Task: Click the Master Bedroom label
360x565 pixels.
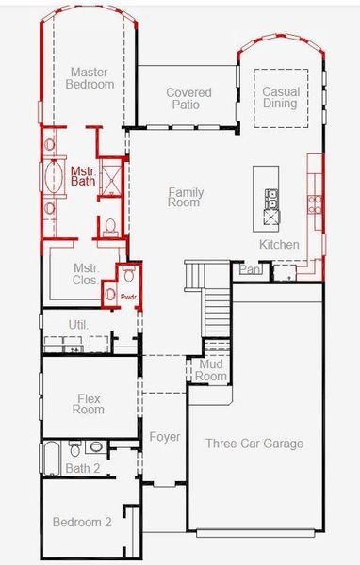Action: click(90, 78)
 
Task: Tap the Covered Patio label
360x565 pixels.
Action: click(188, 98)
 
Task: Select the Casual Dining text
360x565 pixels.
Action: click(281, 97)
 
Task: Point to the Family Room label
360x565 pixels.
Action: click(186, 197)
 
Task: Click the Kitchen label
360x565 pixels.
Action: click(279, 245)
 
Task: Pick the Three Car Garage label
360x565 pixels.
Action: click(254, 444)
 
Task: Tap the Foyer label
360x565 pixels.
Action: click(165, 437)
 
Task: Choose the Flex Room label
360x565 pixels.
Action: click(89, 404)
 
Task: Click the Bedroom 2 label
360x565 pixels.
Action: click(82, 522)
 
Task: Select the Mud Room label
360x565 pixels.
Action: click(211, 370)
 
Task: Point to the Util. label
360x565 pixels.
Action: click(78, 325)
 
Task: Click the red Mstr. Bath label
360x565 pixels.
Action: click(83, 176)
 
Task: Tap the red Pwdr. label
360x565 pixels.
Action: click(129, 297)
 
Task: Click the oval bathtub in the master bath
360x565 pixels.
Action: click(54, 177)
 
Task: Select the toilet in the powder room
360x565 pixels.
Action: click(128, 274)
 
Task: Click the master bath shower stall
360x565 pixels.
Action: click(111, 177)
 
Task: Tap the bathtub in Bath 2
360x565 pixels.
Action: click(52, 459)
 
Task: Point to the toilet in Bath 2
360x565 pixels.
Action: click(75, 448)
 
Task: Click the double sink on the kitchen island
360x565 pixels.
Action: click(270, 200)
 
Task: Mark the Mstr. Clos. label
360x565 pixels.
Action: click(86, 274)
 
